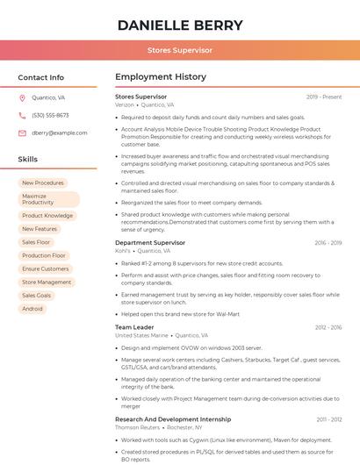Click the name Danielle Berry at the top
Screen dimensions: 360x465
tap(179, 25)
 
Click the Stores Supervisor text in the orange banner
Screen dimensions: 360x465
tap(179, 51)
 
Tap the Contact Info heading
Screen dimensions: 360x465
tap(41, 77)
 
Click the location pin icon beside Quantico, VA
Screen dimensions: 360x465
tap(22, 98)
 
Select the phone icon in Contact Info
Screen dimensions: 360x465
tap(22, 116)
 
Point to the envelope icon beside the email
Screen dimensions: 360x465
tap(22, 133)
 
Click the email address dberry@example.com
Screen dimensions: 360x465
tap(54, 133)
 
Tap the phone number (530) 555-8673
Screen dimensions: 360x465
tap(50, 116)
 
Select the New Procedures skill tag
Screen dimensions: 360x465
tap(43, 183)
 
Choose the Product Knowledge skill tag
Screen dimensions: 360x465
tap(47, 216)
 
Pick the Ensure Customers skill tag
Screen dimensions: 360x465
tap(46, 268)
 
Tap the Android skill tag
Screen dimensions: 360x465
tap(32, 309)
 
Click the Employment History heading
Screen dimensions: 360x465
tap(160, 77)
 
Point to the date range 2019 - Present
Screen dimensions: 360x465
tap(323, 97)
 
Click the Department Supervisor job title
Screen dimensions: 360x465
tap(150, 242)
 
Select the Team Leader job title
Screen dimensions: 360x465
tap(134, 327)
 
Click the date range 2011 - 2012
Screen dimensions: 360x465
tap(329, 419)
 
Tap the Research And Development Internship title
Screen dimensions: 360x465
tap(173, 419)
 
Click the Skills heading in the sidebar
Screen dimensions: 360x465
tap(28, 160)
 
